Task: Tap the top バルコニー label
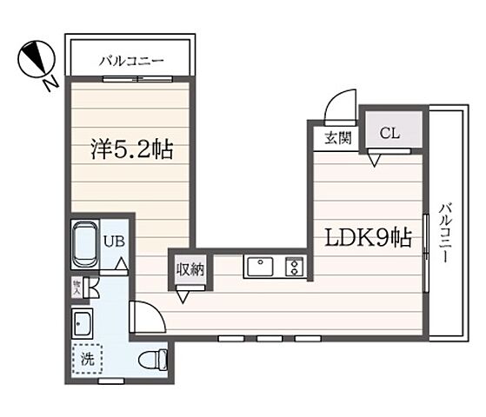[x=130, y=61]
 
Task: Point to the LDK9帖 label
[x=369, y=237]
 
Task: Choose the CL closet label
[x=389, y=133]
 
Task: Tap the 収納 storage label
[x=190, y=269]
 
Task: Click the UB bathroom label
[x=113, y=243]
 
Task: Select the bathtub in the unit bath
[x=84, y=246]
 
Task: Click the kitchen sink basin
[x=260, y=266]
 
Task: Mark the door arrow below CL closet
[x=375, y=159]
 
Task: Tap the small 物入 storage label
[x=77, y=285]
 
